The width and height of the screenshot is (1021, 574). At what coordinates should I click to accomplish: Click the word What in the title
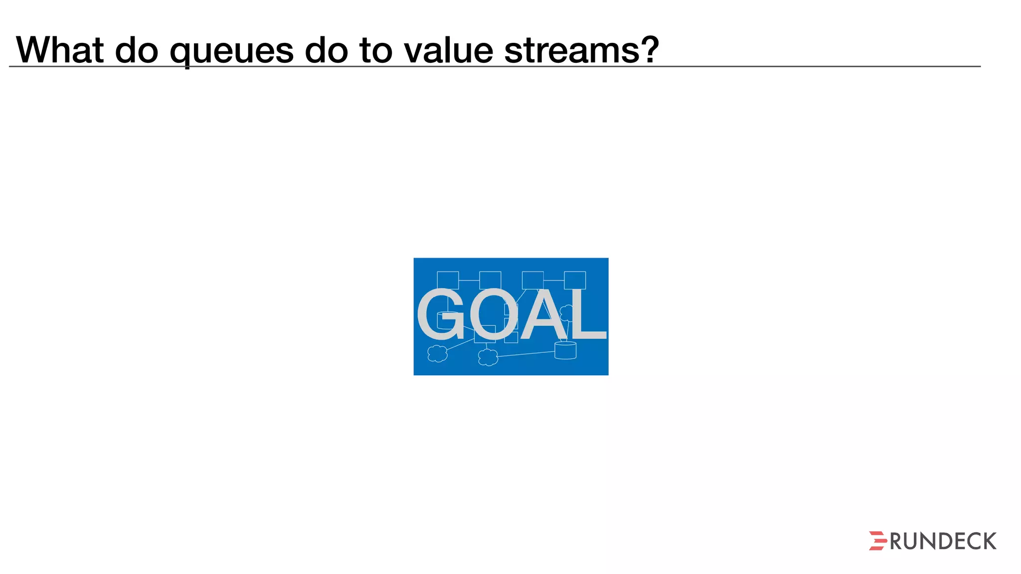tap(60, 50)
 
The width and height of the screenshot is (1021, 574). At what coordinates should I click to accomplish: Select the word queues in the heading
tap(231, 51)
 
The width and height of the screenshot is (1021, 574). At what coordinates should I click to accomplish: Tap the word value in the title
tap(448, 50)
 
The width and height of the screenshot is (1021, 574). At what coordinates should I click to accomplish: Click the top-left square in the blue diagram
tap(448, 280)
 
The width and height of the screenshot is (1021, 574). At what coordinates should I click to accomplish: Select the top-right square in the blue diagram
tap(575, 280)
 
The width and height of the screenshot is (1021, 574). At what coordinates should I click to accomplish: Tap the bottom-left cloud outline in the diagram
tap(438, 353)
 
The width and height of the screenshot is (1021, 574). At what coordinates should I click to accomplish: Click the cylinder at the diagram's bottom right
tap(565, 350)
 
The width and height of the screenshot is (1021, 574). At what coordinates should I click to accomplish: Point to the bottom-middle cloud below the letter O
tap(488, 357)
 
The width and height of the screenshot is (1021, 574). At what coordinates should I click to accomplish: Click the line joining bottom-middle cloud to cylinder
tap(526, 354)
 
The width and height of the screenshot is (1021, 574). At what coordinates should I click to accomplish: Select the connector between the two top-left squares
tap(469, 281)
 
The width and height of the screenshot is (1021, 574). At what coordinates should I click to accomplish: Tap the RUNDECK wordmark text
tap(943, 542)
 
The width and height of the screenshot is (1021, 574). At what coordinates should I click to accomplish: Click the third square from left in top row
tap(532, 280)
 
